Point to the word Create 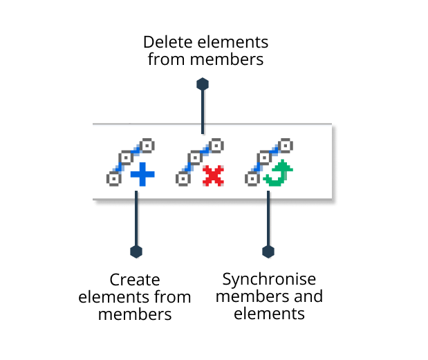[135, 280]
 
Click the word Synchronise [269, 280]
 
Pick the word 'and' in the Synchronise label [309, 297]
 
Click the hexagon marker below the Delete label [202, 84]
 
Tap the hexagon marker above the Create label [136, 250]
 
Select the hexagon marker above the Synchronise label [268, 250]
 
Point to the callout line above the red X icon [202, 111]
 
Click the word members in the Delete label [227, 59]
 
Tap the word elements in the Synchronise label [269, 314]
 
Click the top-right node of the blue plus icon [147, 146]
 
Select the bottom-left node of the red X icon [183, 179]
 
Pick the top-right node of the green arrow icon [286, 146]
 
